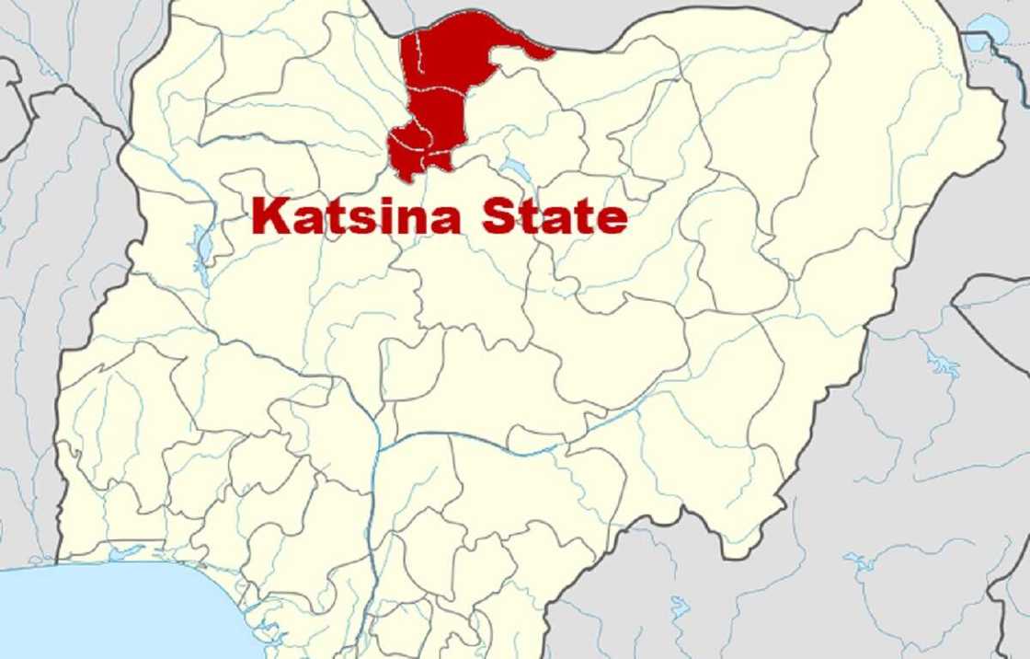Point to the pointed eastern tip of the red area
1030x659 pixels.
tap(553, 53)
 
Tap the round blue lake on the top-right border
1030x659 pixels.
tap(990, 33)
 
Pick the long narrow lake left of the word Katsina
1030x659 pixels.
tap(201, 247)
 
